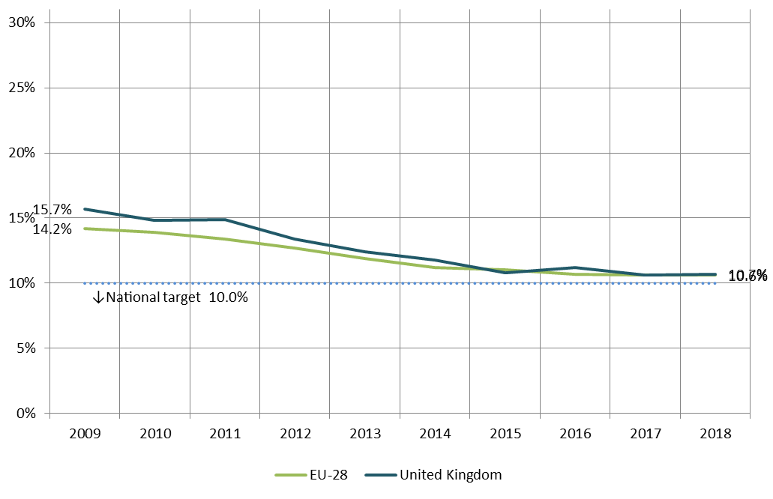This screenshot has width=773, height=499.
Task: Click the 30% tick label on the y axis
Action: [x=22, y=22]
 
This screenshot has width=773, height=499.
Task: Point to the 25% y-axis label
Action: [x=22, y=88]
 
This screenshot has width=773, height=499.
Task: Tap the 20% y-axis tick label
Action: [x=22, y=153]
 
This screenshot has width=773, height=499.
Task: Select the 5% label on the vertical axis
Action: [x=25, y=348]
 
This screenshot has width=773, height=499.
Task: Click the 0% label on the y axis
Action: [x=25, y=414]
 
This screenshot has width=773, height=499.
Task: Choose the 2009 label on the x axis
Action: [x=85, y=434]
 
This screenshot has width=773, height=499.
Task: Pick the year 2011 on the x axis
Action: [x=225, y=434]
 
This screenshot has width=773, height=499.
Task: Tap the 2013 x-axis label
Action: [x=365, y=434]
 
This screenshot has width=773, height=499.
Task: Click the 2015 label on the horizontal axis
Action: [x=505, y=434]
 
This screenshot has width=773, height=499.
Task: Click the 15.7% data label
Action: [x=52, y=210]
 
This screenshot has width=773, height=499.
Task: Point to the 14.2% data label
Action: [x=52, y=229]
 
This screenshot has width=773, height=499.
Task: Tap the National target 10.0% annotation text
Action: [x=177, y=297]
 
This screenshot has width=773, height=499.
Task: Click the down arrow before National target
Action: [x=97, y=297]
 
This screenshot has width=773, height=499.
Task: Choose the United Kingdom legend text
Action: [x=451, y=475]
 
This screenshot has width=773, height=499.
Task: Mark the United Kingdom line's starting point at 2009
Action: [x=85, y=209]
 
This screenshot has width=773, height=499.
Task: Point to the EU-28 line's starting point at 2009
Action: [x=85, y=229]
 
